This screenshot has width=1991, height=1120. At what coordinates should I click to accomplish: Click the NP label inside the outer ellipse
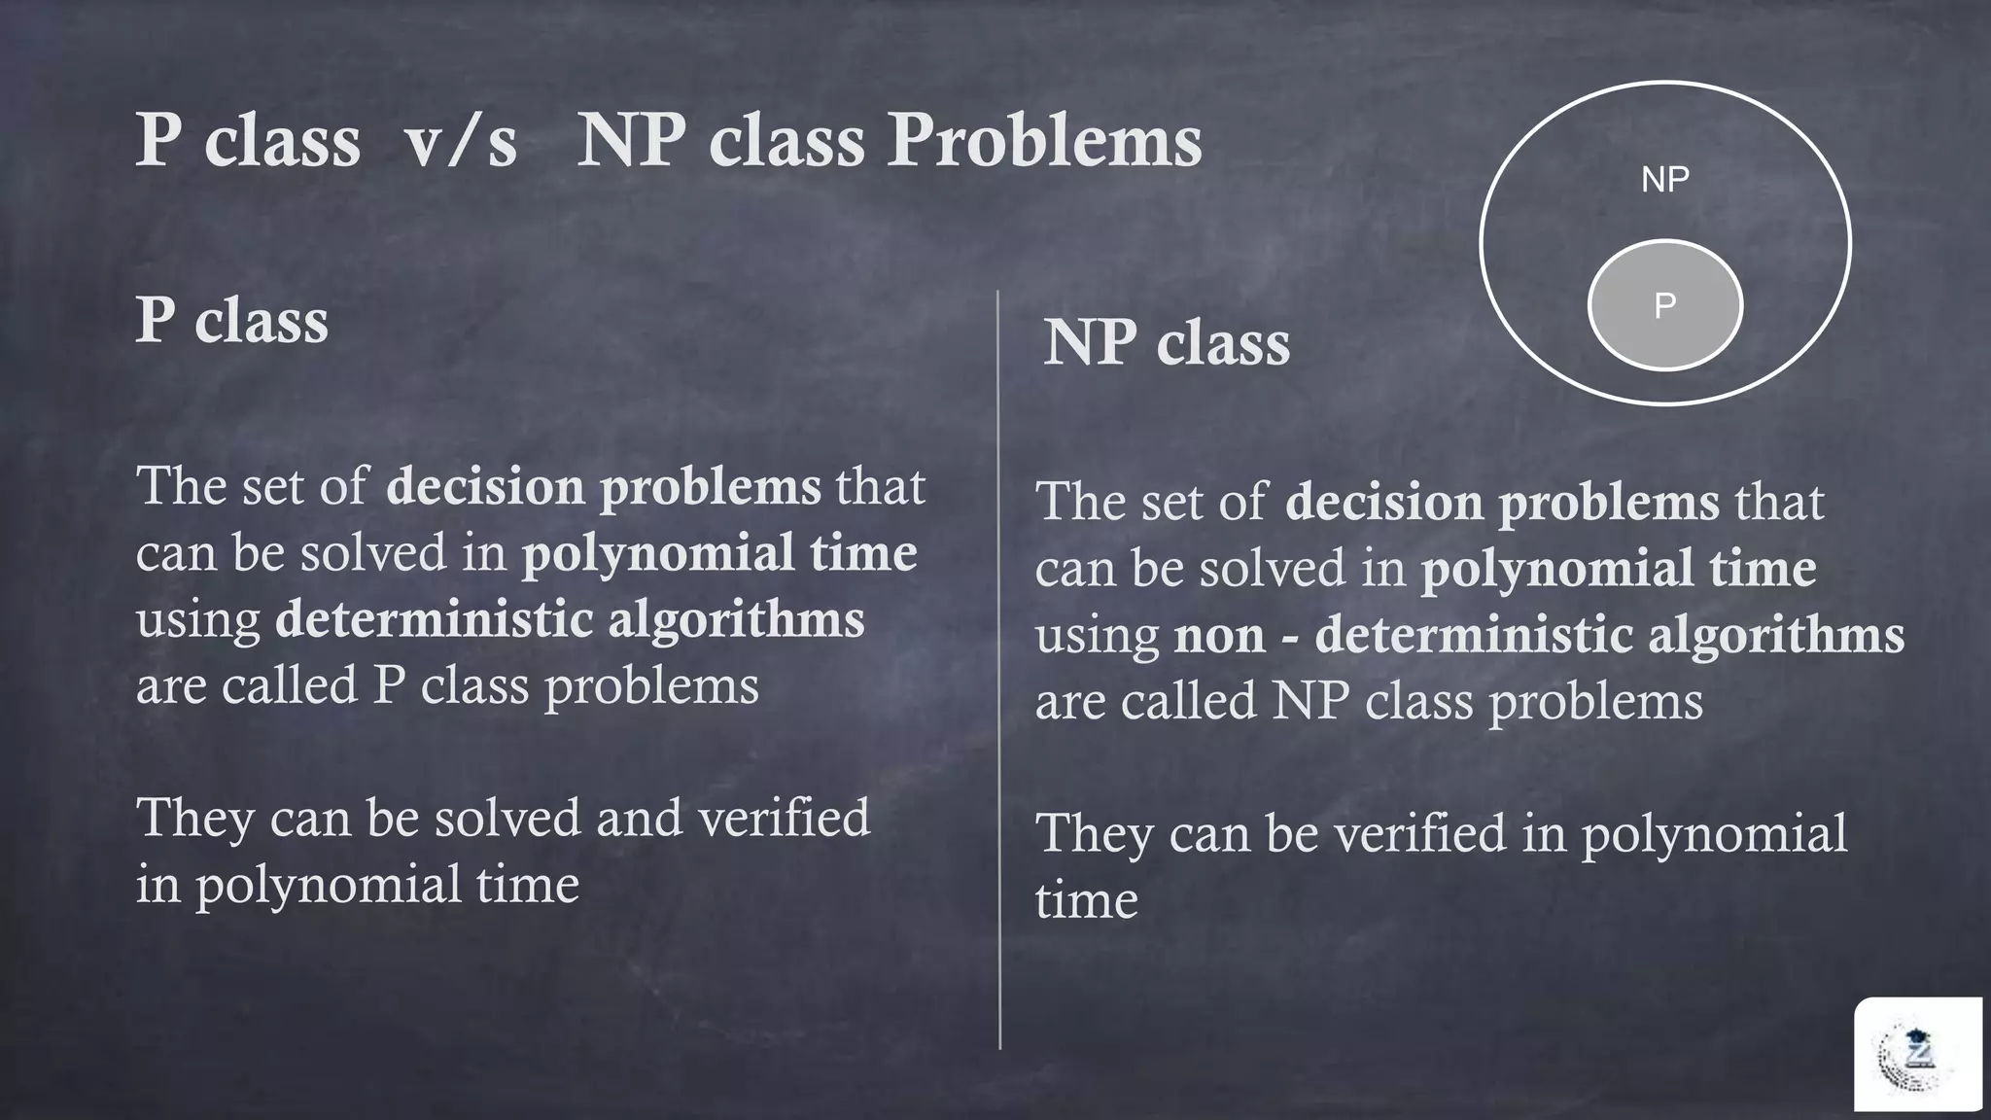tap(1664, 180)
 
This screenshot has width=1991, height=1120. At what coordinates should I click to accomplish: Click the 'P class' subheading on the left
tap(232, 320)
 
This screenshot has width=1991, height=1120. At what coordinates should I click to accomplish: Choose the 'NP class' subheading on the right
tap(1167, 343)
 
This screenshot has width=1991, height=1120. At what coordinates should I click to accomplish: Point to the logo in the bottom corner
tap(1916, 1055)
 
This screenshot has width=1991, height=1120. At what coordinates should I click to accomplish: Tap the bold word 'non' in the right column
tap(1219, 636)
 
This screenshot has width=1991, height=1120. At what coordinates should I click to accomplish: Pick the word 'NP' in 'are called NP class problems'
tap(1310, 702)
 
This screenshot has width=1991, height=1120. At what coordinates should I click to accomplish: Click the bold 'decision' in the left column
tap(485, 487)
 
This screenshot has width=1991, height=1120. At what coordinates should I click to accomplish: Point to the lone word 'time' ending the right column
tap(1086, 900)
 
